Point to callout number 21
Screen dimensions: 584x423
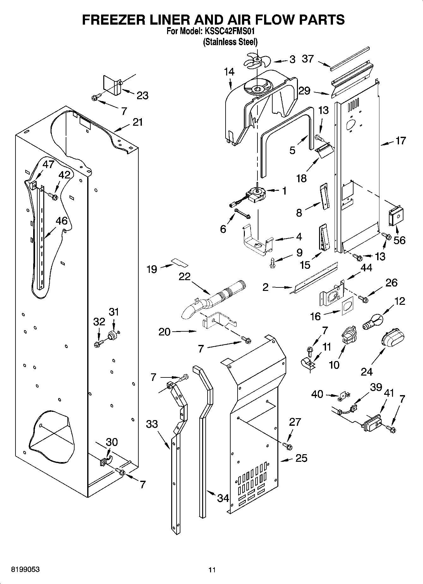pyautogui.click(x=137, y=122)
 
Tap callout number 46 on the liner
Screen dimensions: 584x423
pyautogui.click(x=62, y=221)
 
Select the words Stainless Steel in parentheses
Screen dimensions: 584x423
pyautogui.click(x=230, y=42)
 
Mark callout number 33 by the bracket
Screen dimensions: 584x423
pyautogui.click(x=152, y=424)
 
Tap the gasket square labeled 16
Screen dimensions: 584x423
pyautogui.click(x=347, y=307)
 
